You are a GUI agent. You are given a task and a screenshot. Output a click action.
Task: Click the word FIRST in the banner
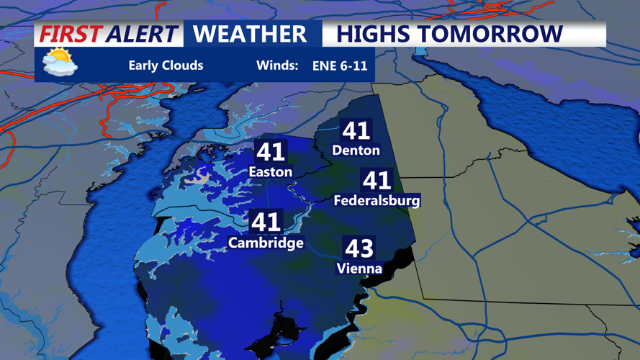pyautogui.click(x=71, y=34)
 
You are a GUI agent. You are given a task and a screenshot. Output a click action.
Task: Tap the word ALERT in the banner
pyautogui.click(x=141, y=34)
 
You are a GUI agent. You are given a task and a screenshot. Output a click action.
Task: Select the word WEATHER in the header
pyautogui.click(x=250, y=34)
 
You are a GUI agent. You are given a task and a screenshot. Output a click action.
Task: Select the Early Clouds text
pyautogui.click(x=166, y=66)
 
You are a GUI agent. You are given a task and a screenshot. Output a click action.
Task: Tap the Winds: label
pyautogui.click(x=277, y=66)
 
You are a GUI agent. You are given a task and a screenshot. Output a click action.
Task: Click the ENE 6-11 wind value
pyautogui.click(x=340, y=66)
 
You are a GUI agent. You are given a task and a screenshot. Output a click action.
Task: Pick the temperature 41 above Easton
pyautogui.click(x=271, y=152)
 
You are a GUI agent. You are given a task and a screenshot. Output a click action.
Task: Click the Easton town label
pyautogui.click(x=270, y=172)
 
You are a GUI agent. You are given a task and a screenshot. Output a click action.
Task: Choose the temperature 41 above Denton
pyautogui.click(x=356, y=130)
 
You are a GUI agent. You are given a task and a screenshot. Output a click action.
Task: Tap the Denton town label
pyautogui.click(x=356, y=150)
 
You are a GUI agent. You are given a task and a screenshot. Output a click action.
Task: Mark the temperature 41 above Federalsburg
pyautogui.click(x=377, y=180)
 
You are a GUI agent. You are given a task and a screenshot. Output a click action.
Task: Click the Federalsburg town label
pyautogui.click(x=377, y=200)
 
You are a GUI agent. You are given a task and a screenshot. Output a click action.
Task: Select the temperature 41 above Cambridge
pyautogui.click(x=266, y=222)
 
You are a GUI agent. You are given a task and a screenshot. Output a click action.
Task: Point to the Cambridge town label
pyautogui.click(x=266, y=243)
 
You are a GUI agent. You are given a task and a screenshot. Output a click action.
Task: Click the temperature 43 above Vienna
pyautogui.click(x=359, y=248)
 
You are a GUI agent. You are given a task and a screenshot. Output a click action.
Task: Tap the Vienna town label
pyautogui.click(x=359, y=269)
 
